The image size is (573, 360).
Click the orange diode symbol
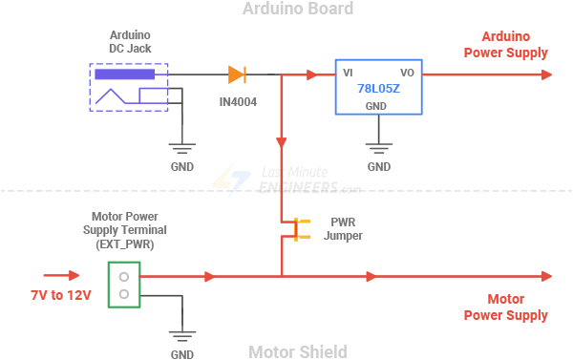[237, 74]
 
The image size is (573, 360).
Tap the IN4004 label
[237, 100]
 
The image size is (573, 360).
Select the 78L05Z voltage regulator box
[377, 88]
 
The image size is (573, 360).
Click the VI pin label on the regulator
[349, 73]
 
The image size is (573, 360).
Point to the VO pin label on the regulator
[406, 73]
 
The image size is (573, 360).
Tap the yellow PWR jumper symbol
[297, 228]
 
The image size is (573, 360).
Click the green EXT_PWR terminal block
[122, 285]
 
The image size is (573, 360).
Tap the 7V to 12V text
[60, 295]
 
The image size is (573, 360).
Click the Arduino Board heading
[297, 10]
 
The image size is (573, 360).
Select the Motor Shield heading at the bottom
[297, 351]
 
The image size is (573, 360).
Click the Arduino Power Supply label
[505, 45]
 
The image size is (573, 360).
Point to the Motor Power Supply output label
[505, 307]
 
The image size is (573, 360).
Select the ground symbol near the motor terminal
[181, 336]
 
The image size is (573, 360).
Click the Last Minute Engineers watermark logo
[286, 180]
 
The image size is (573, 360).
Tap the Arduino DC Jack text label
[129, 40]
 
